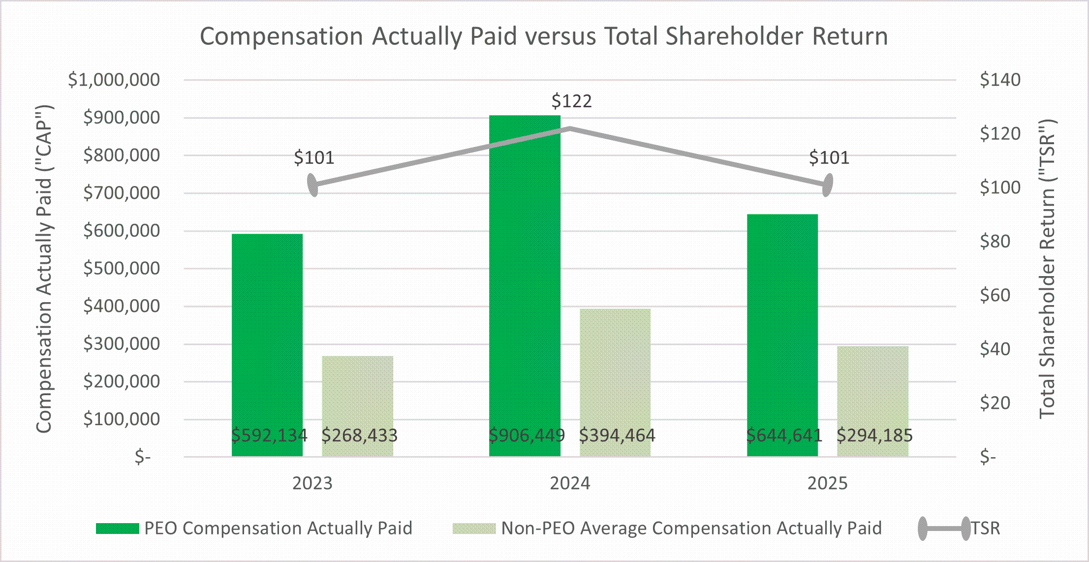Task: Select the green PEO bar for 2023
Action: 267,335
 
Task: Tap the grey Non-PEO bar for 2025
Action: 872,394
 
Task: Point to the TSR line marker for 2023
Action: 313,185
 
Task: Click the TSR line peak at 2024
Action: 570,129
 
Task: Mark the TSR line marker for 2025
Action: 828,185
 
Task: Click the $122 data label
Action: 571,101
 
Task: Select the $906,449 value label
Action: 527,435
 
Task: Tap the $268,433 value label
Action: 359,435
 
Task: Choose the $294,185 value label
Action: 874,435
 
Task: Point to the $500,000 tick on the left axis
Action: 122,268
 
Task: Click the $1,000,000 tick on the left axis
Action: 114,80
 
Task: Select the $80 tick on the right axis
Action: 995,241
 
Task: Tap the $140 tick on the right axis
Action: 1000,80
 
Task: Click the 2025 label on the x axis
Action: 827,483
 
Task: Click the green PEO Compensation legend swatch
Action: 118,529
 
